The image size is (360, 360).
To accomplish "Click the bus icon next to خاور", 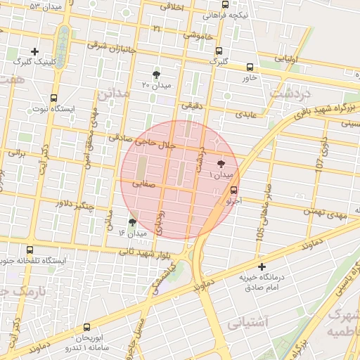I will pos(250,67).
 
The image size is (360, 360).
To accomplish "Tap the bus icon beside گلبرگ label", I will pos(219,51).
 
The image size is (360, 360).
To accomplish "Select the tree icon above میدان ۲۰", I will pos(156,74).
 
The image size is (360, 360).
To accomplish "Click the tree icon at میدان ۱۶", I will pos(132,222).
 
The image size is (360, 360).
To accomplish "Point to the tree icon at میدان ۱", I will pos(223,162).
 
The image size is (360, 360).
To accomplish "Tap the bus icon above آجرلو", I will pos(234,190).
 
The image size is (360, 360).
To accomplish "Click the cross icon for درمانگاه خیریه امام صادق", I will pos(262,266).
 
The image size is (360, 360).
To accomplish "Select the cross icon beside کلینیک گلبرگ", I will pos(35,51).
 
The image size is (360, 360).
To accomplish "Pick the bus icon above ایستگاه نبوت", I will pos(54,98).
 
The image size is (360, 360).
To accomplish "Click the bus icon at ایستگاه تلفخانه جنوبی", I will pos(29,250).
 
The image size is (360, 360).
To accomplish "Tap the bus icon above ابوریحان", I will pos(87,327).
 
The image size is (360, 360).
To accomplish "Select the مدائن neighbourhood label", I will pos(110,94).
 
